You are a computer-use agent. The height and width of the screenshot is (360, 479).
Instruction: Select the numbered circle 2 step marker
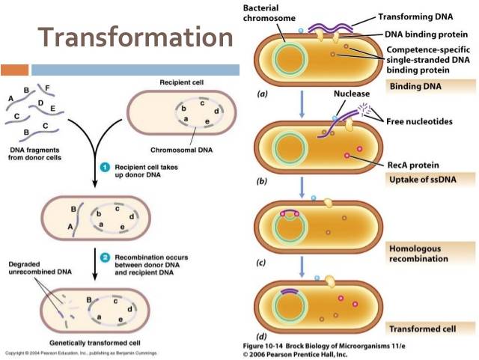pyautogui.click(x=106, y=257)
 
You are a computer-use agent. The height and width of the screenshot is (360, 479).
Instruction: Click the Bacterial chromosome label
pyautogui.click(x=268, y=13)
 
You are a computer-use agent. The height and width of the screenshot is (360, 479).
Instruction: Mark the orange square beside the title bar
pyautogui.click(x=15, y=70)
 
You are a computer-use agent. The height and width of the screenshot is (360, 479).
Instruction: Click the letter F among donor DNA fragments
pyautogui.click(x=47, y=88)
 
